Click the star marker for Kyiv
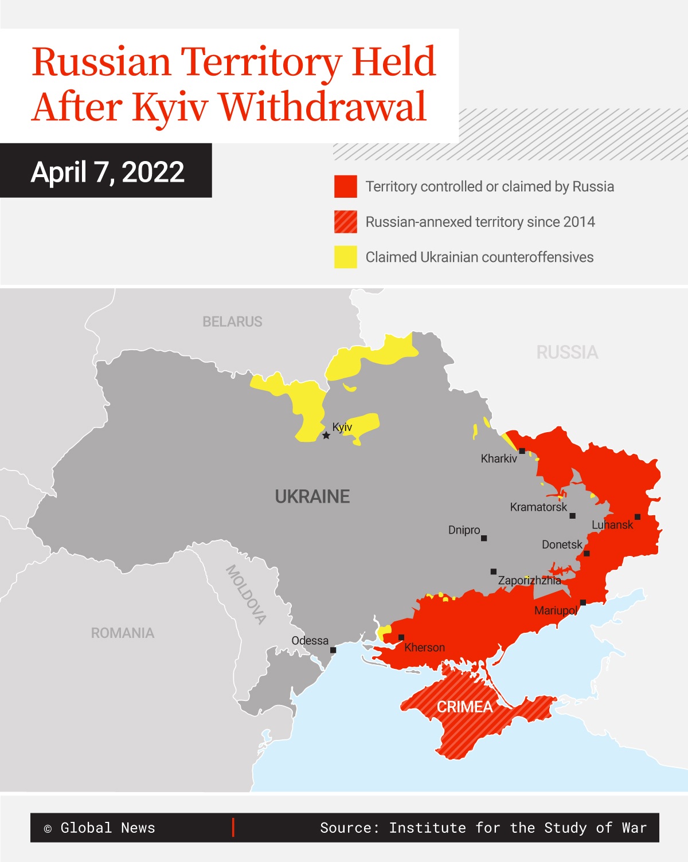tap(326, 436)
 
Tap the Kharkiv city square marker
tap(522, 451)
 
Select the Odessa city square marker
tap(333, 650)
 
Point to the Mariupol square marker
tap(583, 602)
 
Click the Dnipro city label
tap(464, 530)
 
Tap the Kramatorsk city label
tap(538, 507)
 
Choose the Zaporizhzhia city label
tap(529, 581)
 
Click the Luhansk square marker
tap(638, 517)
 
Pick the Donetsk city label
tap(562, 544)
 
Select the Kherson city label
tap(424, 648)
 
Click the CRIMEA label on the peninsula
tap(464, 707)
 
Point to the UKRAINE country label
tap(312, 496)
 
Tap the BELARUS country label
tap(232, 322)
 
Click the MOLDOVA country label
tap(246, 594)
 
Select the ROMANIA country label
tap(123, 633)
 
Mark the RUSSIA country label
tap(567, 352)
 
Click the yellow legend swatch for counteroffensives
tap(346, 257)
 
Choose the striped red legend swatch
tap(346, 222)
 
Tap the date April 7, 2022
tap(108, 172)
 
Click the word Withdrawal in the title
tap(323, 107)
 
